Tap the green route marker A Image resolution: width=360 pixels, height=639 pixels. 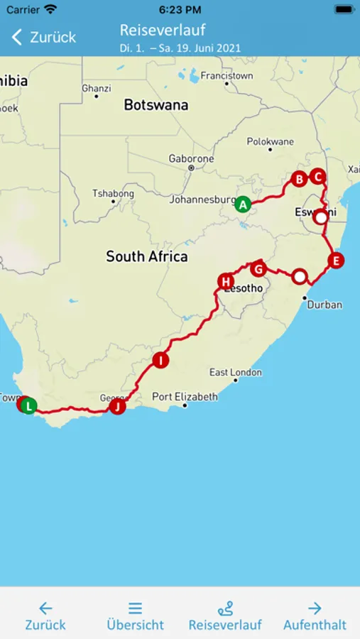pyautogui.click(x=243, y=204)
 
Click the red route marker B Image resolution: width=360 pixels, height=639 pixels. pyautogui.click(x=299, y=179)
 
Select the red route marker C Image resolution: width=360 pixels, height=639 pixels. pyautogui.click(x=317, y=176)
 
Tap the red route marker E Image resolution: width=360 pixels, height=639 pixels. pyautogui.click(x=336, y=260)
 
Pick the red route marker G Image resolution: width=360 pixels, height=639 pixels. pyautogui.click(x=258, y=269)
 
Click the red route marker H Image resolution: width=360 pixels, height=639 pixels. pyautogui.click(x=226, y=282)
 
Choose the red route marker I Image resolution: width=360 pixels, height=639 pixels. pyautogui.click(x=161, y=361)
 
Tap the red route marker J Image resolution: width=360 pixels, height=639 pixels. pyautogui.click(x=117, y=407)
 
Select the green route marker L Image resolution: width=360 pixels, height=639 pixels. pyautogui.click(x=28, y=406)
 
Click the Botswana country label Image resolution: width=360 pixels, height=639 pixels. pyautogui.click(x=156, y=105)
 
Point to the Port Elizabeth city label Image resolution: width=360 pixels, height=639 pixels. pyautogui.click(x=185, y=397)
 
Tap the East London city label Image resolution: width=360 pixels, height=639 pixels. pyautogui.click(x=235, y=372)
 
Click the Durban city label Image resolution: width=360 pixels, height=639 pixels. pyautogui.click(x=324, y=305)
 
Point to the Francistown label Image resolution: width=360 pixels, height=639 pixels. pyautogui.click(x=227, y=75)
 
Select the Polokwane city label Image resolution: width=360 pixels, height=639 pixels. pyautogui.click(x=270, y=142)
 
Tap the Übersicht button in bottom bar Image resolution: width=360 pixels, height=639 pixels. pyautogui.click(x=135, y=616)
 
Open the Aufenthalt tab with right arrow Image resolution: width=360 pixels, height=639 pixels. pyautogui.click(x=315, y=616)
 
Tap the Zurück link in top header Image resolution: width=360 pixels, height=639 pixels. pyautogui.click(x=44, y=37)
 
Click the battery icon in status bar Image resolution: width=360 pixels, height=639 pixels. pyautogui.click(x=343, y=9)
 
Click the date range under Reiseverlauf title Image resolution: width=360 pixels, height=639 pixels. pyautogui.click(x=180, y=48)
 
